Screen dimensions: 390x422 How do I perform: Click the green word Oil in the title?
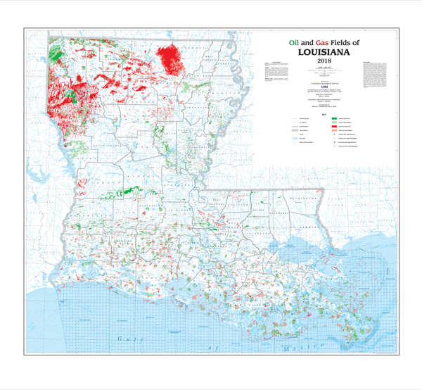(293, 42)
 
